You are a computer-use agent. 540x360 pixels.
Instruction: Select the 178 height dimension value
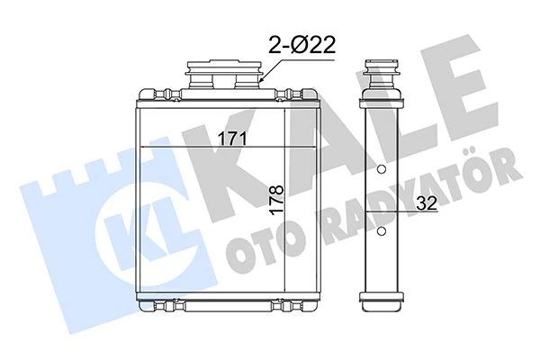(277, 195)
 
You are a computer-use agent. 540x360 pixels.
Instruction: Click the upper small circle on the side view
(382, 172)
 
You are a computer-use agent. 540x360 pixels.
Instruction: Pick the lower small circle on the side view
(382, 231)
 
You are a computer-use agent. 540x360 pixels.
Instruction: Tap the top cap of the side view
(381, 67)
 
